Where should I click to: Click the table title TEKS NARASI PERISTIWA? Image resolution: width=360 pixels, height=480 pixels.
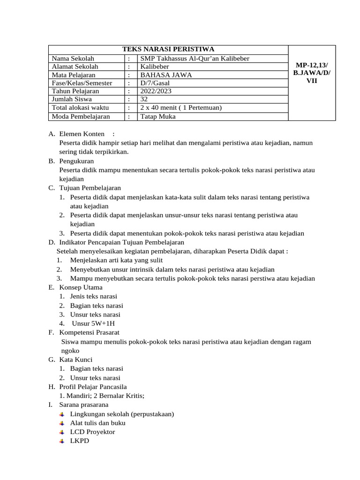pyautogui.click(x=168, y=49)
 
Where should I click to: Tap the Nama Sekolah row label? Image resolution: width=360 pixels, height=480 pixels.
pyautogui.click(x=73, y=59)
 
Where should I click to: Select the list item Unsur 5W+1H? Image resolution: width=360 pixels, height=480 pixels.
pyautogui.click(x=93, y=323)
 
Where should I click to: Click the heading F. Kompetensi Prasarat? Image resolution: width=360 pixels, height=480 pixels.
pyautogui.click(x=86, y=332)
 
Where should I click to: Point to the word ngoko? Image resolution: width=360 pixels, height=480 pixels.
pyautogui.click(x=70, y=351)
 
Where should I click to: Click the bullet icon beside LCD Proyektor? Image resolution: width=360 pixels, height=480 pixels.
pyautogui.click(x=62, y=432)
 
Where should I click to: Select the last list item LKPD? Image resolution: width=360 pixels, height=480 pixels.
pyautogui.click(x=79, y=441)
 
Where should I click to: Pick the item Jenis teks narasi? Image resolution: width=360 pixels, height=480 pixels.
pyautogui.click(x=93, y=296)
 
